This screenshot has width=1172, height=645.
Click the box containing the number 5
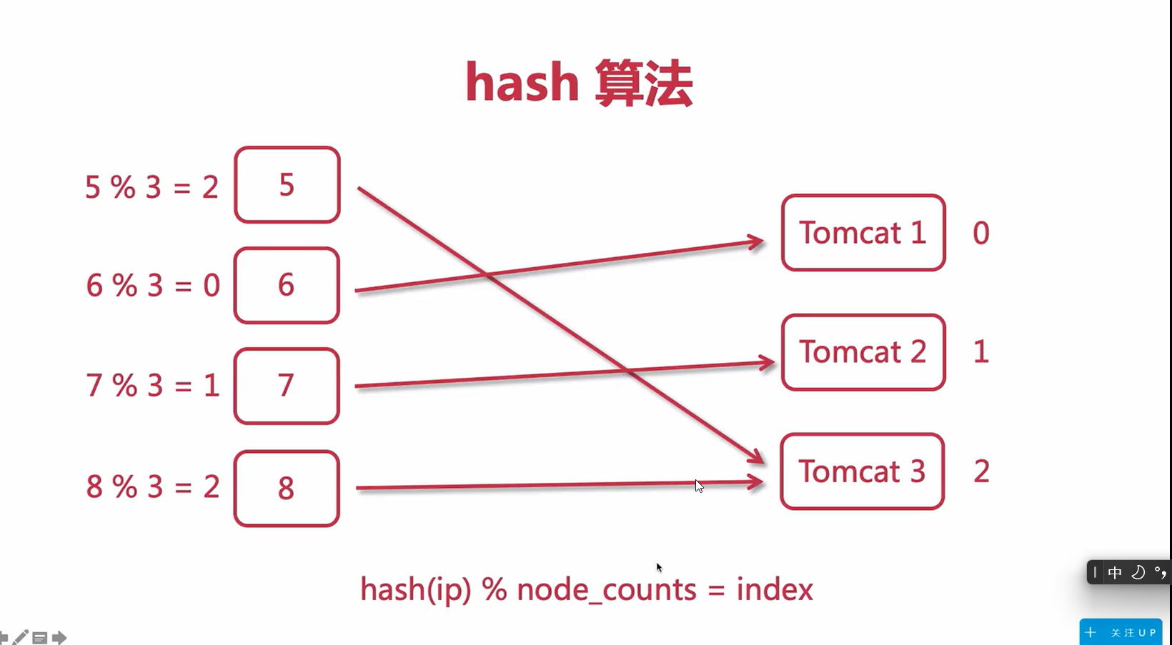pyautogui.click(x=287, y=185)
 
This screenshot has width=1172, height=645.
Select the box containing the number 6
pyautogui.click(x=287, y=286)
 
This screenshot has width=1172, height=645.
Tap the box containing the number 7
pyautogui.click(x=287, y=386)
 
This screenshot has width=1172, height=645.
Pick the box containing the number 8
pyautogui.click(x=287, y=489)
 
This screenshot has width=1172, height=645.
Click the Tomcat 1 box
pyautogui.click(x=863, y=233)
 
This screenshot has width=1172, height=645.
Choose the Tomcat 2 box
pyautogui.click(x=863, y=352)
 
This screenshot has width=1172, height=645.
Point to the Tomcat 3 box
pyautogui.click(x=863, y=471)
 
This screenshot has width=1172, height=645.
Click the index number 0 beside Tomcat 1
pyautogui.click(x=981, y=234)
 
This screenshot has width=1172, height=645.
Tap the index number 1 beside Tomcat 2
pyautogui.click(x=981, y=352)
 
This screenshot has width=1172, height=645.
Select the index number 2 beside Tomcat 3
pyautogui.click(x=982, y=471)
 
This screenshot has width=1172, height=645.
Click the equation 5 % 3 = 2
pyautogui.click(x=152, y=187)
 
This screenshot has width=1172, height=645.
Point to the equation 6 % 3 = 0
pyautogui.click(x=153, y=286)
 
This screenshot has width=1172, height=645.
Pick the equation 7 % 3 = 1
pyautogui.click(x=152, y=386)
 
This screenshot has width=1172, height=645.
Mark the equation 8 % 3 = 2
pyautogui.click(x=152, y=487)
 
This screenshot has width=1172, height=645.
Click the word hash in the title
pyautogui.click(x=522, y=83)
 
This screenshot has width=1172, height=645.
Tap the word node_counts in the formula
pyautogui.click(x=606, y=590)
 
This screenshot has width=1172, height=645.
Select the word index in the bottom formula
pyautogui.click(x=775, y=590)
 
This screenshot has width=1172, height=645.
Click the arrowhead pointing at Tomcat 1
pyautogui.click(x=756, y=241)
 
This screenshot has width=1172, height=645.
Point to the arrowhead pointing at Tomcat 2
pyautogui.click(x=767, y=364)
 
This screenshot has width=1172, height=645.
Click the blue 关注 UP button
pyautogui.click(x=1121, y=632)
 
